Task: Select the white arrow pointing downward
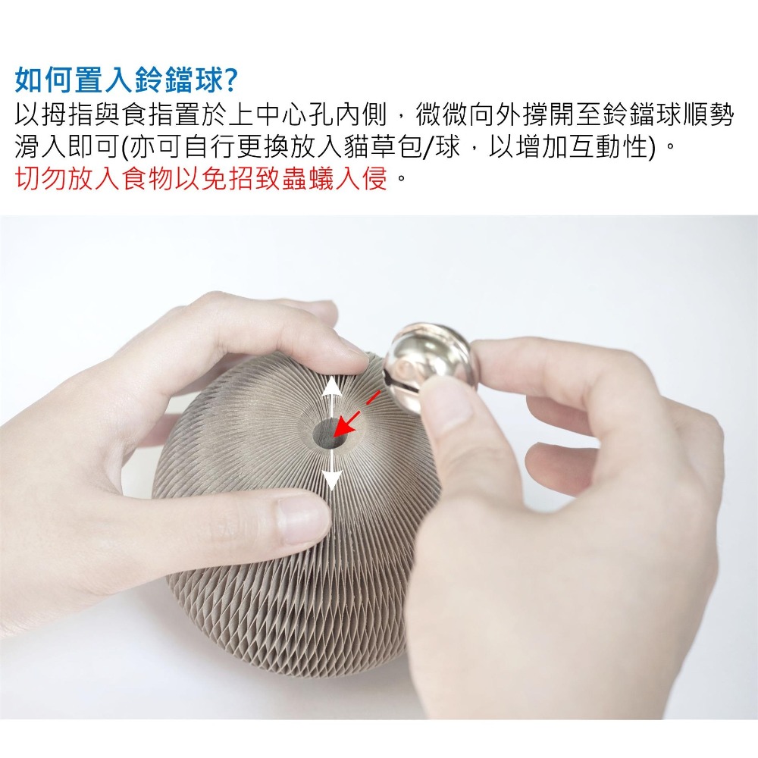[x=332, y=469]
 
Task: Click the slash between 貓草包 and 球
[x=428, y=147]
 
